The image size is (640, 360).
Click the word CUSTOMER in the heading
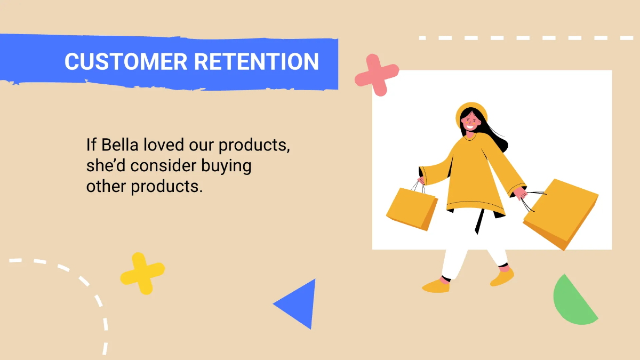point(126,62)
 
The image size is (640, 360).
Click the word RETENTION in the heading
point(256,62)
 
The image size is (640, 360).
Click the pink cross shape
point(377,75)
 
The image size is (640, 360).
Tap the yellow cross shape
point(142,273)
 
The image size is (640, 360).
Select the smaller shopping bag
point(411,208)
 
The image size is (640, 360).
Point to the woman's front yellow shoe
point(436,286)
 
